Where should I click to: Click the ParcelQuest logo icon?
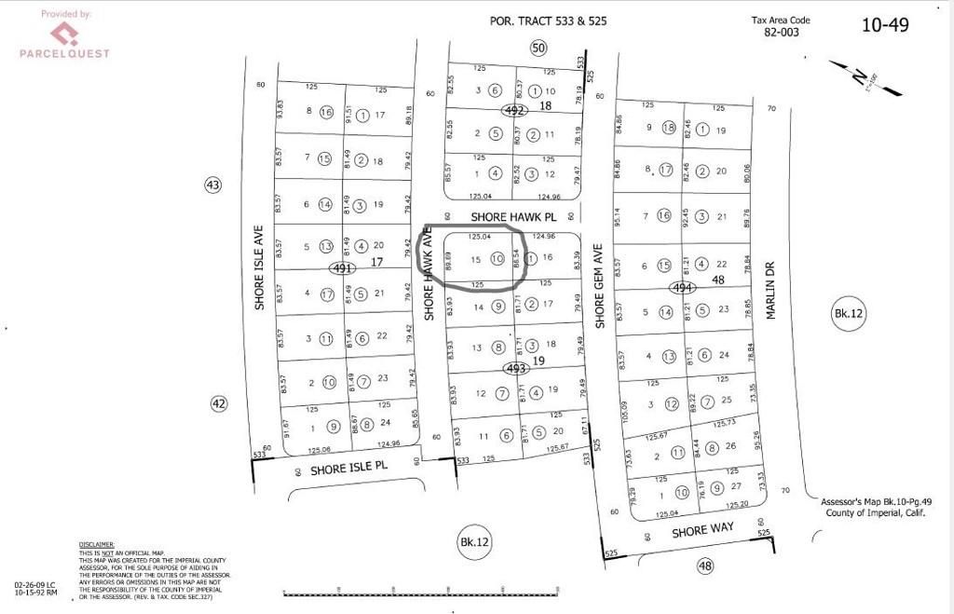pos(63,34)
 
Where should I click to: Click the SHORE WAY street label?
pos(703,530)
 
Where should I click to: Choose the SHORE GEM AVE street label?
pos(601,285)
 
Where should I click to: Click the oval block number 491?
pos(344,268)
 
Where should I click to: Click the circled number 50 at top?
pos(538,48)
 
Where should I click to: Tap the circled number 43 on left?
pos(213,185)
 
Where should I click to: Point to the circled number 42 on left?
pos(218,403)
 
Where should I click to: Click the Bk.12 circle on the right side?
pos(849,315)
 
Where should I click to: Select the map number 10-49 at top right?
pos(884,25)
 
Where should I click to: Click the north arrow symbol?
pos(877,79)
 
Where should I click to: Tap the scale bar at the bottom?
pos(420,592)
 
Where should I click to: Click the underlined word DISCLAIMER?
pos(96,544)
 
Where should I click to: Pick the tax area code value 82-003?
pos(783,32)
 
